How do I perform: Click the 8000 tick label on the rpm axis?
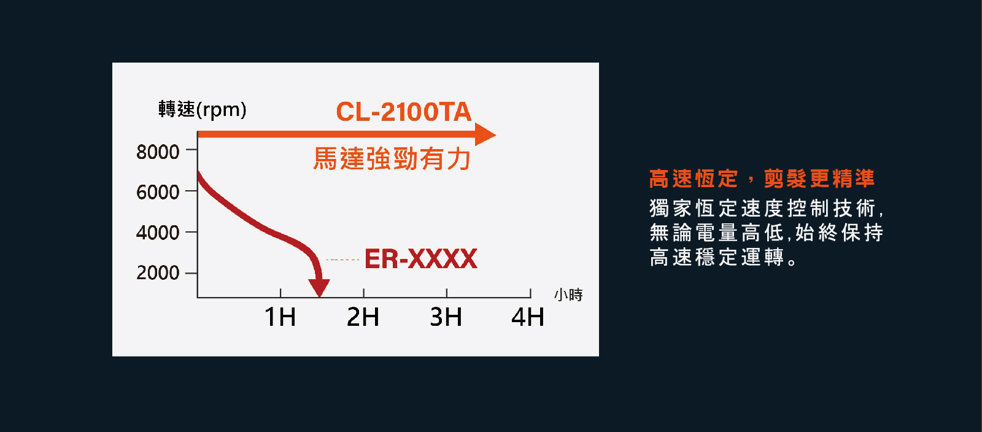158,152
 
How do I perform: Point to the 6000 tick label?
158,192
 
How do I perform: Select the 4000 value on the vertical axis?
158,233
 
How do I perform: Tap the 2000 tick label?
158,273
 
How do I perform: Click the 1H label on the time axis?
280,317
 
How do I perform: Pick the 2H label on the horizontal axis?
363,317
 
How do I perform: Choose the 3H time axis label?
446,317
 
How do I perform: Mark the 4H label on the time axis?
528,317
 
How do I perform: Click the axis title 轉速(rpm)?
203,109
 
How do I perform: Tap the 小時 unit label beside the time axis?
568,295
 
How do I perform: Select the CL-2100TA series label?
404,112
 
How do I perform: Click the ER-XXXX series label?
421,258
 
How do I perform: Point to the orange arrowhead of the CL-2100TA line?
485,134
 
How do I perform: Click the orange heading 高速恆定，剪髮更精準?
762,179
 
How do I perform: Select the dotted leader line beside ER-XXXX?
343,260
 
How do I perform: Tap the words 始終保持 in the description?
839,233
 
